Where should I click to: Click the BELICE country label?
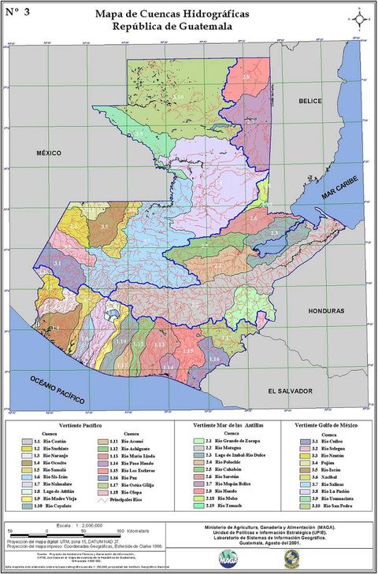point(311,102)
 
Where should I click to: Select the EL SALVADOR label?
point(291,391)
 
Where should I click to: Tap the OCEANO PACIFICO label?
point(57,390)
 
